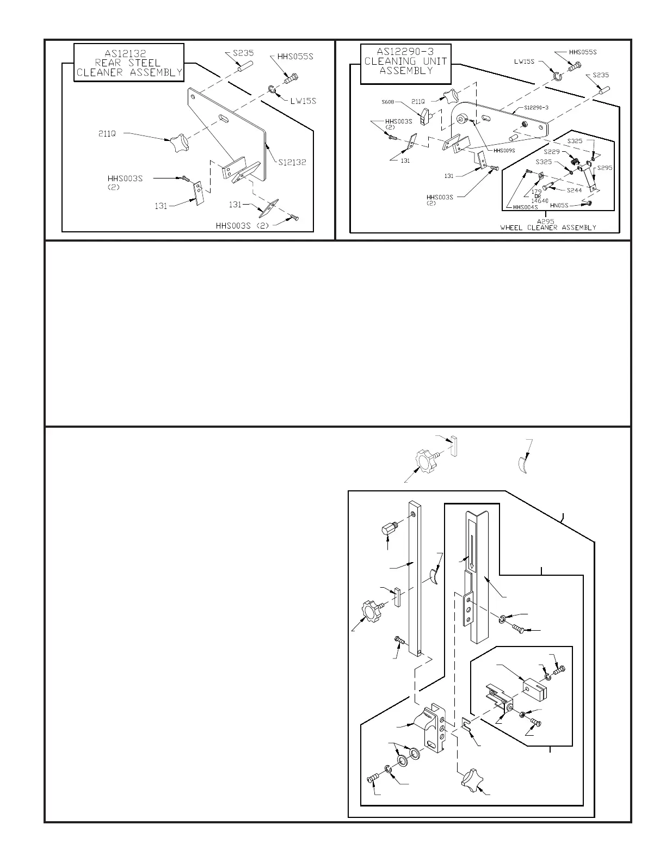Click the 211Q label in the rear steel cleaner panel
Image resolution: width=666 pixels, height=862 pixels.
coord(107,133)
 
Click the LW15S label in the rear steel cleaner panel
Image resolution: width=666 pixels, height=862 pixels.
coord(303,101)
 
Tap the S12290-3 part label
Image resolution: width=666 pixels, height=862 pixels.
coord(536,107)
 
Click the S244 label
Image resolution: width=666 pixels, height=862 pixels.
coord(575,190)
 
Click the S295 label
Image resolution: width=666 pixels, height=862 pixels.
coord(605,168)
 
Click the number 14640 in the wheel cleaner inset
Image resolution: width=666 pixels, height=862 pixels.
coord(539,201)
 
